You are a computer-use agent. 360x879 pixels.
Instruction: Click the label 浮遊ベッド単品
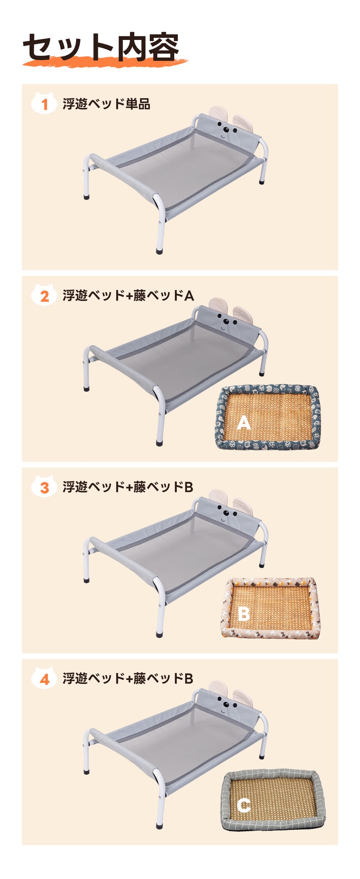pos(106,104)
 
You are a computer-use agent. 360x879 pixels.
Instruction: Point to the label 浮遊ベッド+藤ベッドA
pos(128,295)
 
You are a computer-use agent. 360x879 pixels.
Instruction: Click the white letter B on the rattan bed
pos(244,614)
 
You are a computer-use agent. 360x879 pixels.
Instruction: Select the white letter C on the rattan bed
pos(244,805)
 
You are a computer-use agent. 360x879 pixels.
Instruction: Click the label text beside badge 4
pos(128,678)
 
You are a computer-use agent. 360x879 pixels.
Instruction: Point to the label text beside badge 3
pos(128,487)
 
